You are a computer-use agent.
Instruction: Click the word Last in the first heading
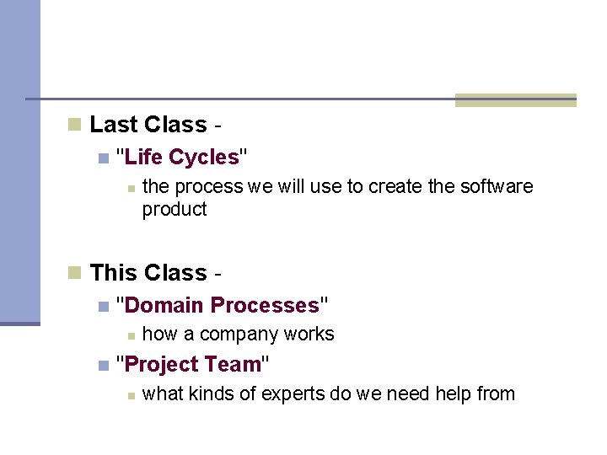coord(114,125)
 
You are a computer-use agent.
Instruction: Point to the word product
coord(175,209)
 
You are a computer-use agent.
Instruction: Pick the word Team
coord(239,365)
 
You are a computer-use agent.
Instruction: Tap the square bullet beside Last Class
coord(75,126)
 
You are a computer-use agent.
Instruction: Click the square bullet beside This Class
coord(75,273)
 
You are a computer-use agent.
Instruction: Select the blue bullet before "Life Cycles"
coord(103,158)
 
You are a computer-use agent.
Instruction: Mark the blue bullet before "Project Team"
coord(103,366)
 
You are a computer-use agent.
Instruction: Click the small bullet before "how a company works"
coord(130,335)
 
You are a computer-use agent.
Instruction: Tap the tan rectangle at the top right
coord(515,100)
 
